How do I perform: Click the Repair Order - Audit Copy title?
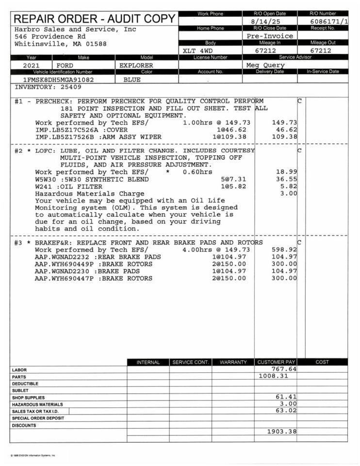tap(95, 19)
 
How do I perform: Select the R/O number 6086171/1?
tap(328, 22)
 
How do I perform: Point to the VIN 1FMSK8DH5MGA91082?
tap(58, 80)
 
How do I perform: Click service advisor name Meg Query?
tap(265, 65)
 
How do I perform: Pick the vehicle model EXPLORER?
tap(136, 65)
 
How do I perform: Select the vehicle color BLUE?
tap(132, 80)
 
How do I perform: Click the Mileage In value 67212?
tap(266, 50)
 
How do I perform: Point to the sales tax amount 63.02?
tap(286, 411)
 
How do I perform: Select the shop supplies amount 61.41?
tap(286, 397)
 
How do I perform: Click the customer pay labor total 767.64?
tap(284, 369)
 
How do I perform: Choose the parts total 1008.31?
tap(273, 376)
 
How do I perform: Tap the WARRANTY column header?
tap(233, 362)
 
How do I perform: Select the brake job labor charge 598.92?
tap(284, 250)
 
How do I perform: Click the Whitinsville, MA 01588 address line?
tap(61, 44)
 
